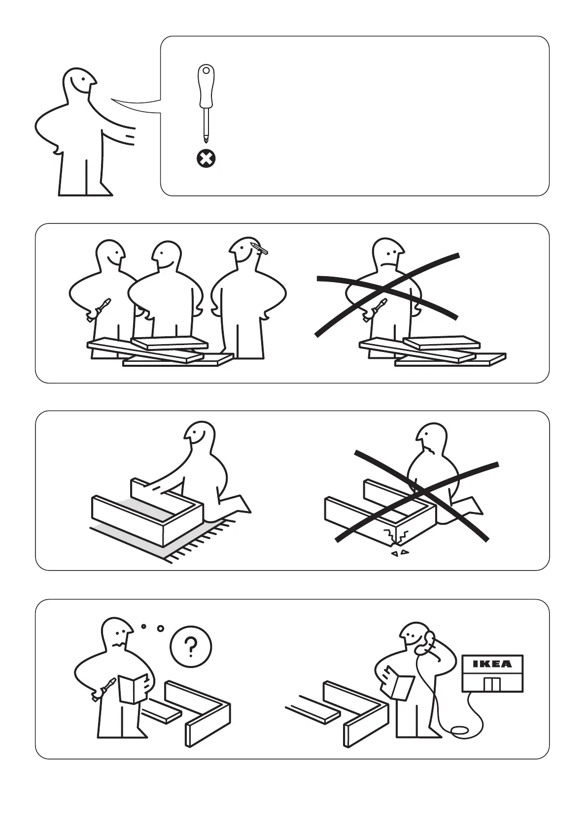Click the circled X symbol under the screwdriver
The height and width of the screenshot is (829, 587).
[x=206, y=159]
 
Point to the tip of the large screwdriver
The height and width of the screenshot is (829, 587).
[x=206, y=139]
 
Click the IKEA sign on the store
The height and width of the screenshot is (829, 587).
[x=492, y=664]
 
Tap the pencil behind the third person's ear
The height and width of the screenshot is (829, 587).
[x=261, y=248]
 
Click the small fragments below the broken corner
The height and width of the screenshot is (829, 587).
[x=400, y=553]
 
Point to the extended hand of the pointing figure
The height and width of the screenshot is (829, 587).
[x=126, y=137]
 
